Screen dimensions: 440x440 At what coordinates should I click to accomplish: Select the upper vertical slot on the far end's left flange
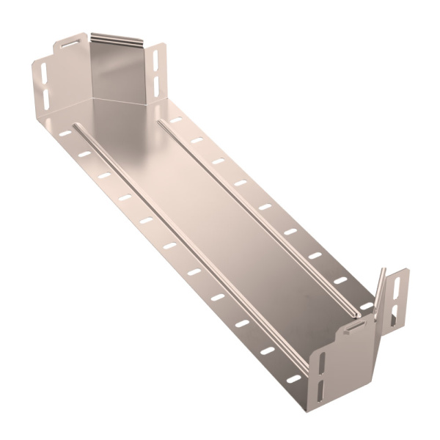(44, 73)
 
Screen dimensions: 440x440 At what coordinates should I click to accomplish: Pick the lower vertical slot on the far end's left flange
(45, 98)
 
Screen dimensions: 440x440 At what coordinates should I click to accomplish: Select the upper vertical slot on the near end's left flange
(320, 361)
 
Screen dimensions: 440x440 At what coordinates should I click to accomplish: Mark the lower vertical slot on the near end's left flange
(321, 386)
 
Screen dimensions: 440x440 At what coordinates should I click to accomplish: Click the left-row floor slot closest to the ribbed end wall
(65, 133)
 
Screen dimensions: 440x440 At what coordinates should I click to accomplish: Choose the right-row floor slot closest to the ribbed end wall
(175, 120)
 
